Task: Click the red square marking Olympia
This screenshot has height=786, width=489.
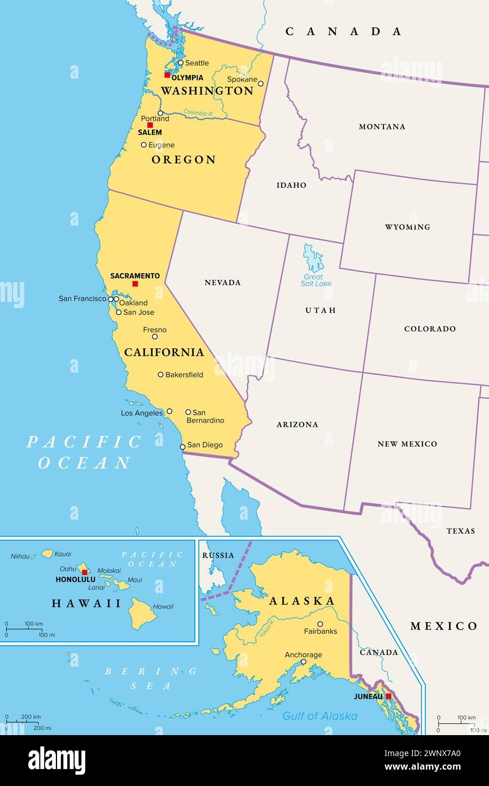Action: click(x=167, y=75)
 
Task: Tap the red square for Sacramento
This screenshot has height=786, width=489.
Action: click(x=135, y=284)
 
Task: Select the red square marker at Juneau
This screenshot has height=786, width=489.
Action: click(x=388, y=696)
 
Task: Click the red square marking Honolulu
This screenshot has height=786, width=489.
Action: click(x=85, y=572)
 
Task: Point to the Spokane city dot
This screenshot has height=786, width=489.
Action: click(x=260, y=84)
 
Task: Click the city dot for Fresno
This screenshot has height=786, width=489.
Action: click(x=155, y=336)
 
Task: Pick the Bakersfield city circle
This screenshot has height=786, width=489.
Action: click(x=160, y=374)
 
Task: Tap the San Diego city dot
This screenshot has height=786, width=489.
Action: click(x=182, y=447)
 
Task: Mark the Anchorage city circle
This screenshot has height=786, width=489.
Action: click(x=303, y=662)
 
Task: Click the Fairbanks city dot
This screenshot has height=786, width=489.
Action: click(x=320, y=624)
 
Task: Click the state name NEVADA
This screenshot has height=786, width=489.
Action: click(x=222, y=282)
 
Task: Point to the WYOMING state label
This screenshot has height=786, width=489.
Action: click(x=407, y=227)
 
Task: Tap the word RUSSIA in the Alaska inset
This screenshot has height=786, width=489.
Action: click(x=218, y=555)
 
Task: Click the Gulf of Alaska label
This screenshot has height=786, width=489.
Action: click(x=320, y=716)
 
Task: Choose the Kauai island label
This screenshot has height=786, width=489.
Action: click(x=63, y=554)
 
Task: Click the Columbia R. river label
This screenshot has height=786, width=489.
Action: click(x=198, y=113)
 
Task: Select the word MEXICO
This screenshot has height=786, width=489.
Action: click(x=444, y=626)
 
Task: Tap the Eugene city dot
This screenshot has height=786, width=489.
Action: click(x=143, y=145)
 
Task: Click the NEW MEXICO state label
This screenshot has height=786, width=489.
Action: click(x=407, y=444)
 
